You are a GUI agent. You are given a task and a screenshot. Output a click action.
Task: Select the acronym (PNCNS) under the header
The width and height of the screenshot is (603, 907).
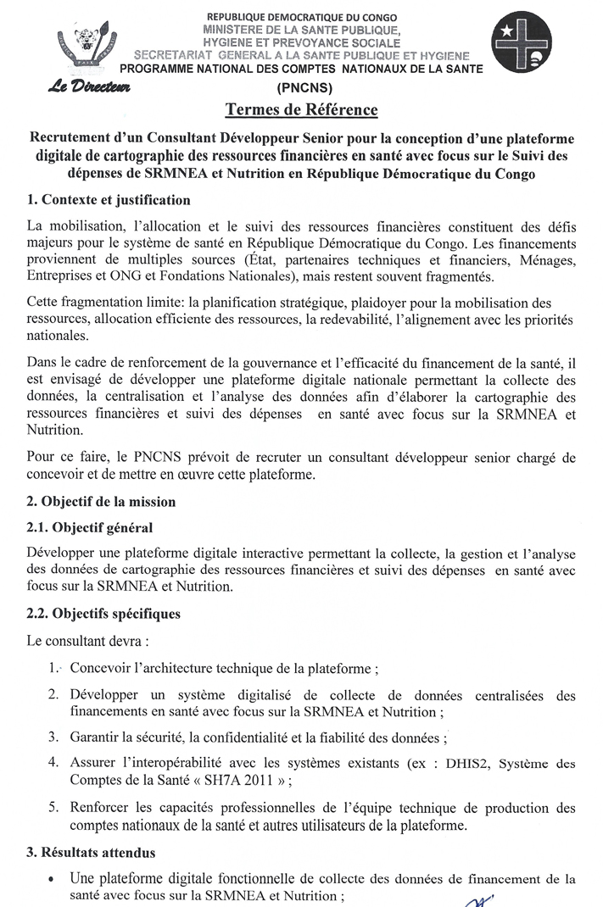301,88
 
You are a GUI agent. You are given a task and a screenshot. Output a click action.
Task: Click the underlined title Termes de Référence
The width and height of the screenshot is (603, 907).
301,110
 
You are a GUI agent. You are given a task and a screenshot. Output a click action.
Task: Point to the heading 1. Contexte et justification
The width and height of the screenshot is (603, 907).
109,200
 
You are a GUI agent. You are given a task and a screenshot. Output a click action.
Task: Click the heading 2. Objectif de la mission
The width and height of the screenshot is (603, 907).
101,502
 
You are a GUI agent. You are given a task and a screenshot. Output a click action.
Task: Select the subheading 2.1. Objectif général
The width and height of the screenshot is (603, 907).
90,527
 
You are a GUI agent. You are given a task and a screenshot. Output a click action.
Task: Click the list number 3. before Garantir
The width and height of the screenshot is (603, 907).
53,737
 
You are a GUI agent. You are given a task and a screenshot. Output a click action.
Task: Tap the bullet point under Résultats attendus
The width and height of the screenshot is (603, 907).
53,879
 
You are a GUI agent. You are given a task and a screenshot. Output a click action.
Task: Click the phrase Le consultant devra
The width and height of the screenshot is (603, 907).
87,638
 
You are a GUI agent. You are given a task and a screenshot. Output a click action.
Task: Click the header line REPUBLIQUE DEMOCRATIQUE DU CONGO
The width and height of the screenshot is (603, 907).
301,17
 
